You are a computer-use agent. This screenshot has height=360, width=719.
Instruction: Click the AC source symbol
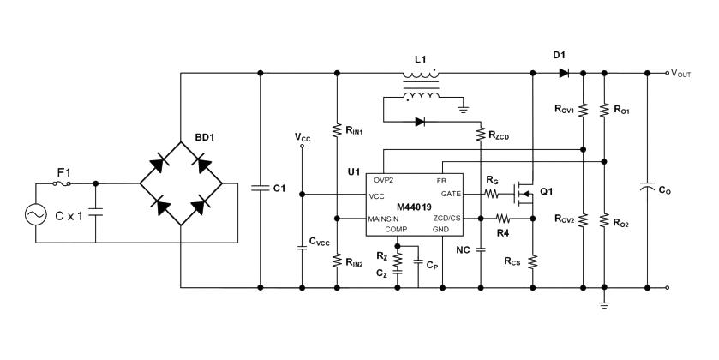click(38, 215)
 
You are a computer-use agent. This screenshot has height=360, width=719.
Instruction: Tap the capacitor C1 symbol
click(259, 188)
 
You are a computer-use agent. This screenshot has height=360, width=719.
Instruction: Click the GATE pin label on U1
click(451, 194)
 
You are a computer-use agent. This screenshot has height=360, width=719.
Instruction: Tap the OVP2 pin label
click(381, 181)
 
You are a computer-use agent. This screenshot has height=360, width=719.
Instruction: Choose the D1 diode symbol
click(563, 74)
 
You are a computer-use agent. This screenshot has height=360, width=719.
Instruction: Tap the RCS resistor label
click(512, 261)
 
